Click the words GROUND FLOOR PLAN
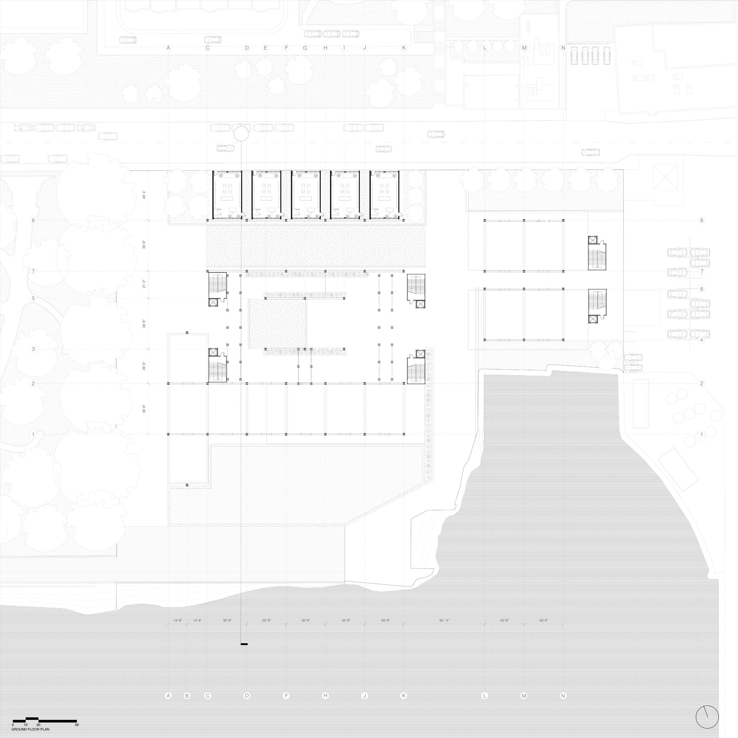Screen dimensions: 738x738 30,729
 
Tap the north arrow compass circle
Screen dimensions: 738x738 707,717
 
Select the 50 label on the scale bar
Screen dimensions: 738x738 77,725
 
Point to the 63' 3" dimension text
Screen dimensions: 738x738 444,621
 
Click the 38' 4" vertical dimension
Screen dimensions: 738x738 144,195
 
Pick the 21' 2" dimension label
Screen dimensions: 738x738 144,284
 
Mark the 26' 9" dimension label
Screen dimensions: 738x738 144,366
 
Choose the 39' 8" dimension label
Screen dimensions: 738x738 144,245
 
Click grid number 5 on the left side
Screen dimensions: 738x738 33,298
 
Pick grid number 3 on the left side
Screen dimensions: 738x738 33,349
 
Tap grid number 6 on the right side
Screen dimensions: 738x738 701,289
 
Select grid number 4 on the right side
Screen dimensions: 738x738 701,340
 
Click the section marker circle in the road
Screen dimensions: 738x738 241,134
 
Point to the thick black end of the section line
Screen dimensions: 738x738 244,644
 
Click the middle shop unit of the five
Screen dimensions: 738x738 305,195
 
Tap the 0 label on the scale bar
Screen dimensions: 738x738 13,725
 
